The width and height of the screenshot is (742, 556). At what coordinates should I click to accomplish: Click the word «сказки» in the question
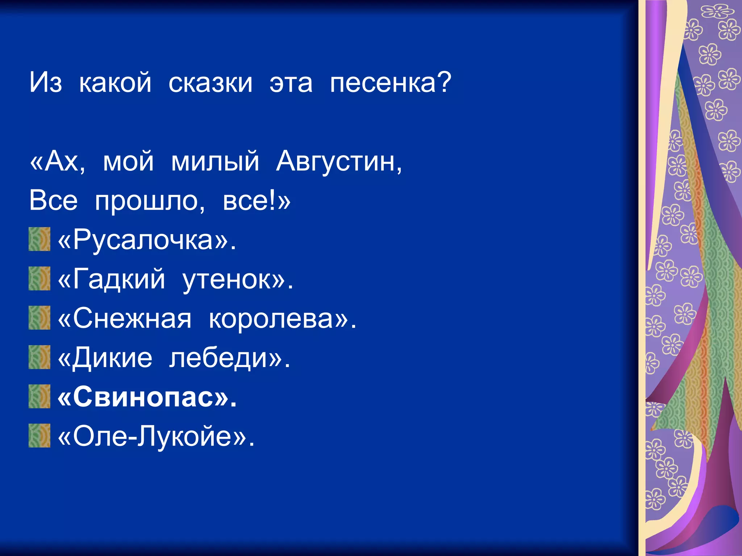tap(210, 83)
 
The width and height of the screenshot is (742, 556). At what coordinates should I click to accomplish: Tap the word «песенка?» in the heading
tap(391, 83)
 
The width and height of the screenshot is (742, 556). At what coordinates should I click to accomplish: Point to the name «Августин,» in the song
tap(339, 161)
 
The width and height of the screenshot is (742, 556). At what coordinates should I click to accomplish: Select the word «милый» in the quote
tap(215, 161)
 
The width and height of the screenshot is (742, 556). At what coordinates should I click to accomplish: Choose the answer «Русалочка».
tap(147, 240)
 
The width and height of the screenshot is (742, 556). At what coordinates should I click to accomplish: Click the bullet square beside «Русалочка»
tap(39, 239)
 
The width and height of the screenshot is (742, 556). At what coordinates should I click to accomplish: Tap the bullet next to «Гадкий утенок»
tap(39, 278)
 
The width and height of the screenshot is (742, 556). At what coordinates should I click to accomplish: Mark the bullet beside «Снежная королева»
tap(39, 317)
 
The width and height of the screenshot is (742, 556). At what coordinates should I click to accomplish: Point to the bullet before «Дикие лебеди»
tap(39, 357)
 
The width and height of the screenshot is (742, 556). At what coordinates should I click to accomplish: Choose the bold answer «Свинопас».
tap(147, 397)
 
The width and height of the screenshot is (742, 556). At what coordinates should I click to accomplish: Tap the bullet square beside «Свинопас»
tap(39, 396)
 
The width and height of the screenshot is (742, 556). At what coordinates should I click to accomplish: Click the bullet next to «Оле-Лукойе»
tap(39, 435)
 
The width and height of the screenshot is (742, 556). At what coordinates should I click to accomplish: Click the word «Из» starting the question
tap(46, 83)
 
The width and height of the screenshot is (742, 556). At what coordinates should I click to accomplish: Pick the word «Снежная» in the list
tap(132, 319)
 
